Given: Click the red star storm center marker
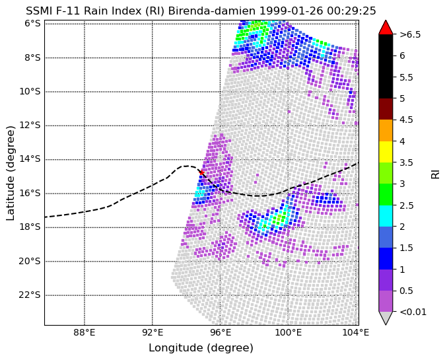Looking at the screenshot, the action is [201, 172].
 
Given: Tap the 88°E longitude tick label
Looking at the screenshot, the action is [85, 333].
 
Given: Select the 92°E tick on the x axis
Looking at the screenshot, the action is [153, 333].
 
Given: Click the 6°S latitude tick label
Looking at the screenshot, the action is [32, 23].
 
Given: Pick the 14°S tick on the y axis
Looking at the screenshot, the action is [30, 159].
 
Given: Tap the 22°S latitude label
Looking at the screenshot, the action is [30, 295].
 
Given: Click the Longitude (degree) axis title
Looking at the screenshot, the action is [201, 348].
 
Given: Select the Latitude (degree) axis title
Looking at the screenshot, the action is [11, 173].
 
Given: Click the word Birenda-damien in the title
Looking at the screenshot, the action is [212, 11].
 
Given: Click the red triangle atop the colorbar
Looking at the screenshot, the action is [386, 27].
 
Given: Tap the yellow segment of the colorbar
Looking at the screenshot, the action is [386, 152].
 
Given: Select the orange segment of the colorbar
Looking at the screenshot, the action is [386, 130].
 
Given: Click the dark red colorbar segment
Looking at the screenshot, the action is [386, 109].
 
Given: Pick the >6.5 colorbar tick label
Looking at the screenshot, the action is [410, 34].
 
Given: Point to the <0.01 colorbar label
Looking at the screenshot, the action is [413, 312].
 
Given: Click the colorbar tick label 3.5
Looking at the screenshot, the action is [406, 162].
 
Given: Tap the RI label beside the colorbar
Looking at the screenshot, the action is [435, 173].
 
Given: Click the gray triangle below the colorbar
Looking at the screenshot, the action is [386, 317].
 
